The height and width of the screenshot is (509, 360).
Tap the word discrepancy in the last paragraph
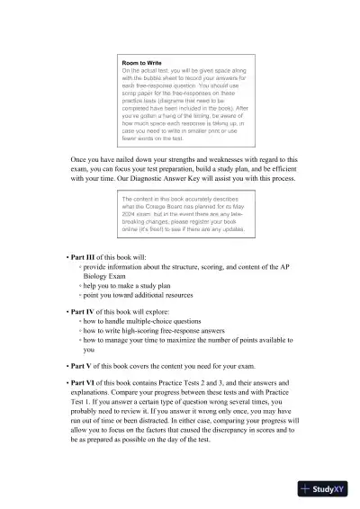pyautogui.click(x=229, y=429)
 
